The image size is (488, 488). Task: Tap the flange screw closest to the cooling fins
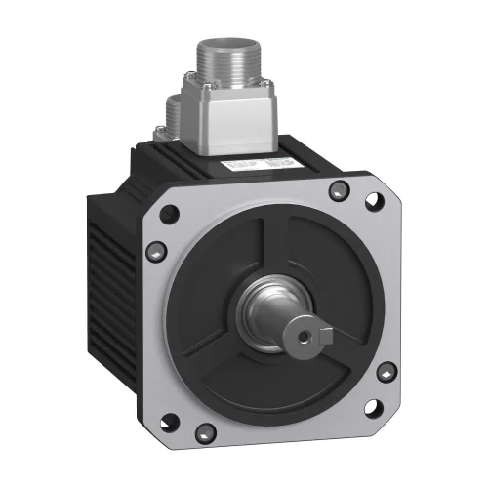click(157, 252)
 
